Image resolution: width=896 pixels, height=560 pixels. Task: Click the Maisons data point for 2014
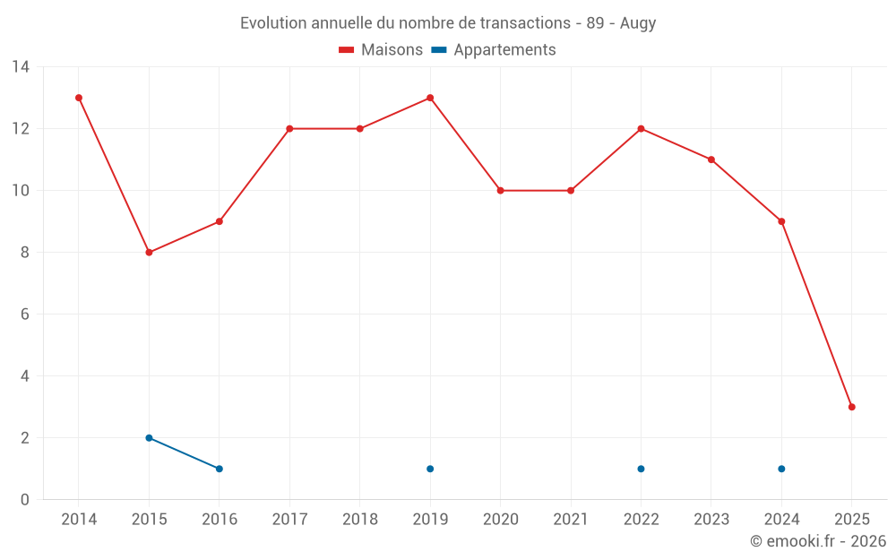click(x=79, y=98)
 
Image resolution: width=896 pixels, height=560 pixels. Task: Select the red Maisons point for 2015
click(x=149, y=253)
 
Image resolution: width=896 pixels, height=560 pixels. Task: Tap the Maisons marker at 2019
click(x=430, y=98)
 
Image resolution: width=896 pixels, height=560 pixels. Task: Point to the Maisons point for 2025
click(x=851, y=407)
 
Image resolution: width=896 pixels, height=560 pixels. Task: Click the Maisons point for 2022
click(x=641, y=128)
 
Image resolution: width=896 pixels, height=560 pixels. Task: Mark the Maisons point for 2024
click(x=781, y=221)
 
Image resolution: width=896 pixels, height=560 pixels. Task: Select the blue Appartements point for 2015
click(x=149, y=438)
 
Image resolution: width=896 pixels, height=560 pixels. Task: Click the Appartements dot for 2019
click(x=430, y=469)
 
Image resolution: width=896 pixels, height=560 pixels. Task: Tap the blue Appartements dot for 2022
click(x=641, y=469)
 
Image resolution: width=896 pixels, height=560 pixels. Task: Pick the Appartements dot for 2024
click(x=781, y=469)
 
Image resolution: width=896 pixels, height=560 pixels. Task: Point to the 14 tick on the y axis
click(x=21, y=67)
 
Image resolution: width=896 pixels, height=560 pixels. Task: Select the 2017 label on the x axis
click(x=289, y=520)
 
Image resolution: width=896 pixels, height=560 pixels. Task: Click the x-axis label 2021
click(x=571, y=520)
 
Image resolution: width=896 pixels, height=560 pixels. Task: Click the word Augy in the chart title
click(x=638, y=23)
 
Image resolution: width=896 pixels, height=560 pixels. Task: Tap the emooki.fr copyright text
click(x=818, y=541)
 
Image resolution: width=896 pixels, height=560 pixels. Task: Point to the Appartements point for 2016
click(x=220, y=469)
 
